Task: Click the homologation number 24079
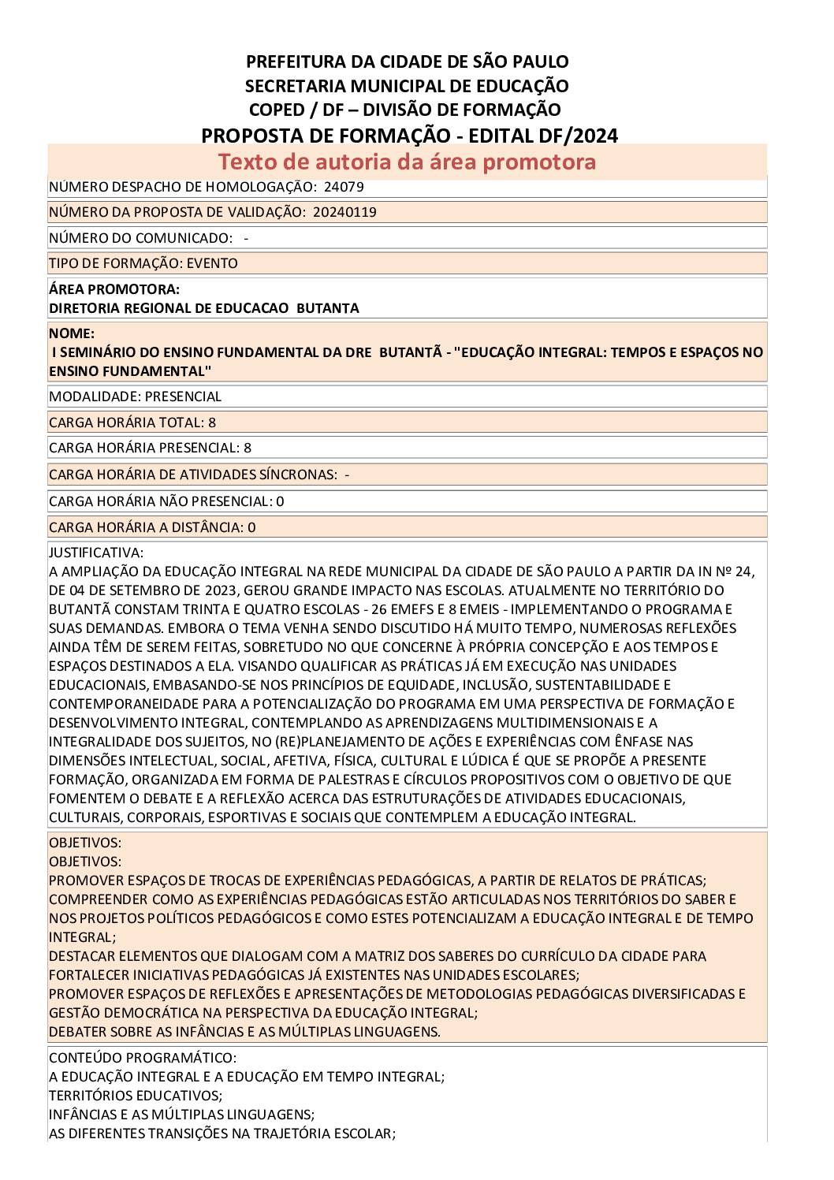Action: (x=344, y=187)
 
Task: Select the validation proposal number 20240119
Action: (x=344, y=212)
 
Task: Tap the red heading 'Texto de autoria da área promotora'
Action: (x=407, y=162)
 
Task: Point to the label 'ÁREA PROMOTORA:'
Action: (x=114, y=289)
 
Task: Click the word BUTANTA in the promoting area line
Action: (x=327, y=308)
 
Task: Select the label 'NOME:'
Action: (x=72, y=333)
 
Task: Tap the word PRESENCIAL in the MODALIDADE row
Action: (x=184, y=396)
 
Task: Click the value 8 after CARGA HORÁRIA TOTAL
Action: (x=212, y=422)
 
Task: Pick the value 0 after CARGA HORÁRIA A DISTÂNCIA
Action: (x=251, y=527)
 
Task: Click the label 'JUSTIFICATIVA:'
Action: (x=96, y=553)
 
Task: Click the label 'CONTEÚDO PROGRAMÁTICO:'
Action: (x=143, y=1058)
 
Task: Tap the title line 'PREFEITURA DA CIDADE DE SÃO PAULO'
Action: (x=407, y=61)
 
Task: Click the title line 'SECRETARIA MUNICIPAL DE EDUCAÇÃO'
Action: (x=407, y=86)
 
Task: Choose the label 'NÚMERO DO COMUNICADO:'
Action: (x=141, y=238)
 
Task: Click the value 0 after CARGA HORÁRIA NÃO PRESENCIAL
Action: (x=280, y=501)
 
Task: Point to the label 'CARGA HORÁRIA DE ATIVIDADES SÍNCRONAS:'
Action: (x=192, y=475)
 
